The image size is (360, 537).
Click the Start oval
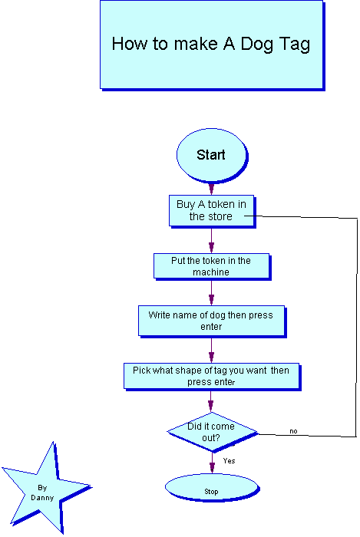212,155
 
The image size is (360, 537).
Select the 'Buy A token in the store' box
212,211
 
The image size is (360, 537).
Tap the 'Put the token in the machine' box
212,266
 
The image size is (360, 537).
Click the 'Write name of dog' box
212,321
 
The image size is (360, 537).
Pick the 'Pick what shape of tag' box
212,377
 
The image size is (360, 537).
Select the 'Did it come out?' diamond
213,432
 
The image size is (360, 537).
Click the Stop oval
212,488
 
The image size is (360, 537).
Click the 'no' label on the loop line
293,431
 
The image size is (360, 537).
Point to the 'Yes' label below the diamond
229,460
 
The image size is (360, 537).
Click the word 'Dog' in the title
256,44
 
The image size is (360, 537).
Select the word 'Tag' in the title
295,44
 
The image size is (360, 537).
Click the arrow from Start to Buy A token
211,189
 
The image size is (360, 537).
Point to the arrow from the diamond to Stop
212,463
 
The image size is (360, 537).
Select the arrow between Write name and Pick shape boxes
211,351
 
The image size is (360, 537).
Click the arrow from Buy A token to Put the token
211,240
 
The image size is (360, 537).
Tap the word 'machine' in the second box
211,272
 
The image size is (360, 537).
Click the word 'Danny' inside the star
42,498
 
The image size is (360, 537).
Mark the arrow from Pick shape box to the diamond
210,401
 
